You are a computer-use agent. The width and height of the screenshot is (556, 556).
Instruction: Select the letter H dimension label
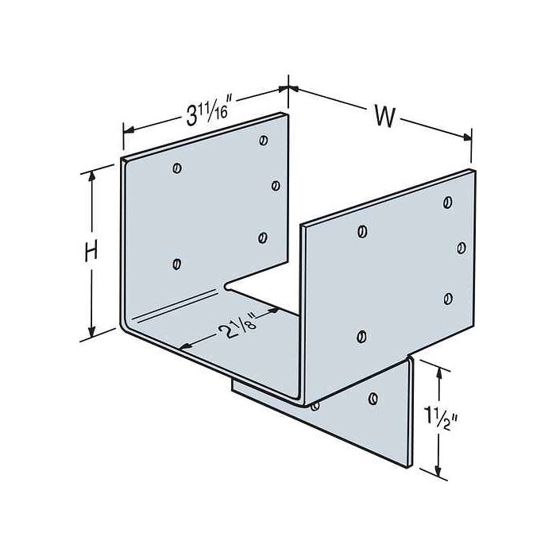pyautogui.click(x=92, y=252)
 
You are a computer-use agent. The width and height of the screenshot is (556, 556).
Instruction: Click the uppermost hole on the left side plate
pyautogui.click(x=263, y=141)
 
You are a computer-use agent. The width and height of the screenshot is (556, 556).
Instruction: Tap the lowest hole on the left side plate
pyautogui.click(x=176, y=264)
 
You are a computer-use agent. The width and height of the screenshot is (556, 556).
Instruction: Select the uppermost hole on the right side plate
pyautogui.click(x=448, y=203)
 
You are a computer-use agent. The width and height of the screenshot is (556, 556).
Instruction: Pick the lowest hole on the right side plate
pyautogui.click(x=361, y=336)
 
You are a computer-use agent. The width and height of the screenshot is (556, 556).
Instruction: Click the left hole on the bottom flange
pyautogui.click(x=315, y=407)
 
